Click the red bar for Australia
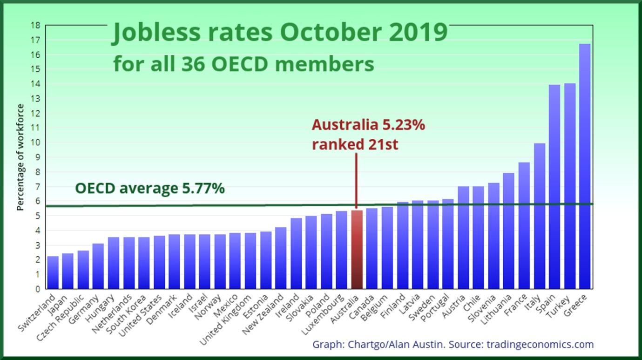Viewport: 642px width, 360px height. pos(356,250)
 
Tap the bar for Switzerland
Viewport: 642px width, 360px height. pos(53,272)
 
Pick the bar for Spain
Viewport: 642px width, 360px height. pos(554,186)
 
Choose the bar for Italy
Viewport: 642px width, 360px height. pos(539,216)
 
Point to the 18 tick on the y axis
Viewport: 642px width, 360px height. pos(35,25)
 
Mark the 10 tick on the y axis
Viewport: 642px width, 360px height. pos(35,143)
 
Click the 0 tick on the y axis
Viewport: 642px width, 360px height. pos(37,289)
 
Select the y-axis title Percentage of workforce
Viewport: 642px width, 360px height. pos(20,157)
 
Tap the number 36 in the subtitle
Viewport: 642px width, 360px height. pos(191,64)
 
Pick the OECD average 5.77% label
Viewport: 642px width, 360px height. pos(150,189)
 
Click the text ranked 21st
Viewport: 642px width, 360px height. pos(355,144)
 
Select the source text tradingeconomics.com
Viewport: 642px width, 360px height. pos(540,345)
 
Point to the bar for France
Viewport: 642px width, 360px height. pos(524,225)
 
